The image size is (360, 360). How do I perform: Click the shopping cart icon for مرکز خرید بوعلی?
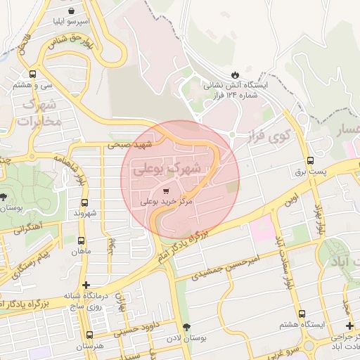click(165, 190)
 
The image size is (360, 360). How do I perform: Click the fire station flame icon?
click(235, 74)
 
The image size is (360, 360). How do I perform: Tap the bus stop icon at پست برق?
click(311, 160)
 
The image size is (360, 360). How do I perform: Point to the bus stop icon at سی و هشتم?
click(32, 74)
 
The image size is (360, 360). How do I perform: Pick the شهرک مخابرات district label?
click(39, 113)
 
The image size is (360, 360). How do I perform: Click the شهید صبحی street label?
click(129, 144)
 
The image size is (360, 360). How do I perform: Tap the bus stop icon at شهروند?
click(84, 202)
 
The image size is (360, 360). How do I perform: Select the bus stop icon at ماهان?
click(82, 240)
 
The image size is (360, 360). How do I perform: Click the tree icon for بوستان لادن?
click(186, 327)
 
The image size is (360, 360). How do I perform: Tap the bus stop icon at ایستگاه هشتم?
click(302, 314)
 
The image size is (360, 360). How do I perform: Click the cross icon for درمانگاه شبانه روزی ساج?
click(86, 285)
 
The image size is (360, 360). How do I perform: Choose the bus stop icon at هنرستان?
click(89, 335)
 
